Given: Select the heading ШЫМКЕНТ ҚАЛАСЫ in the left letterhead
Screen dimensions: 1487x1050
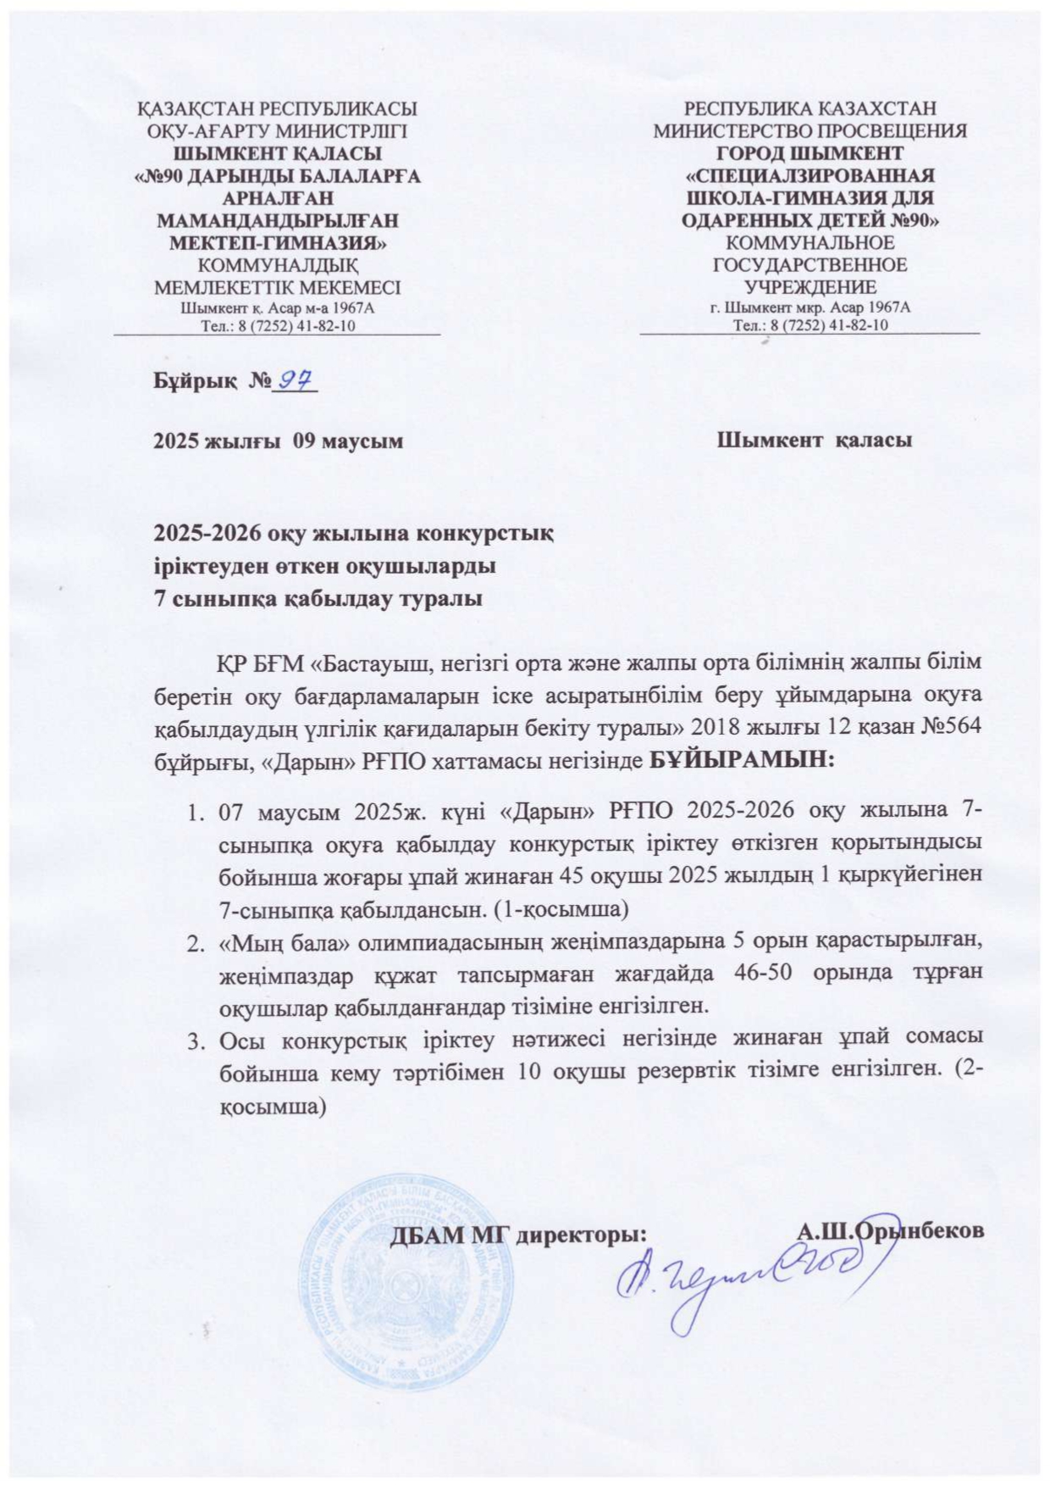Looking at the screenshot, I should coord(278,154).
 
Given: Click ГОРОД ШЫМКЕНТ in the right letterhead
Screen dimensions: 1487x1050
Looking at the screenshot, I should coord(810,154).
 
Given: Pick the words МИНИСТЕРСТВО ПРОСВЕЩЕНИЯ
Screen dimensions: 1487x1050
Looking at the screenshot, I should coord(810,131).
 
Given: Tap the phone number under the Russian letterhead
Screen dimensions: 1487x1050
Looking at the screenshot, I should coord(810,325).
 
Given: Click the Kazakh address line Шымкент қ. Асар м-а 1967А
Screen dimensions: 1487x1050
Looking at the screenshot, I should coord(278,308).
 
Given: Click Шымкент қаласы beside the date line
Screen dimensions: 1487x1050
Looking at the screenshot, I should coord(815,441).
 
